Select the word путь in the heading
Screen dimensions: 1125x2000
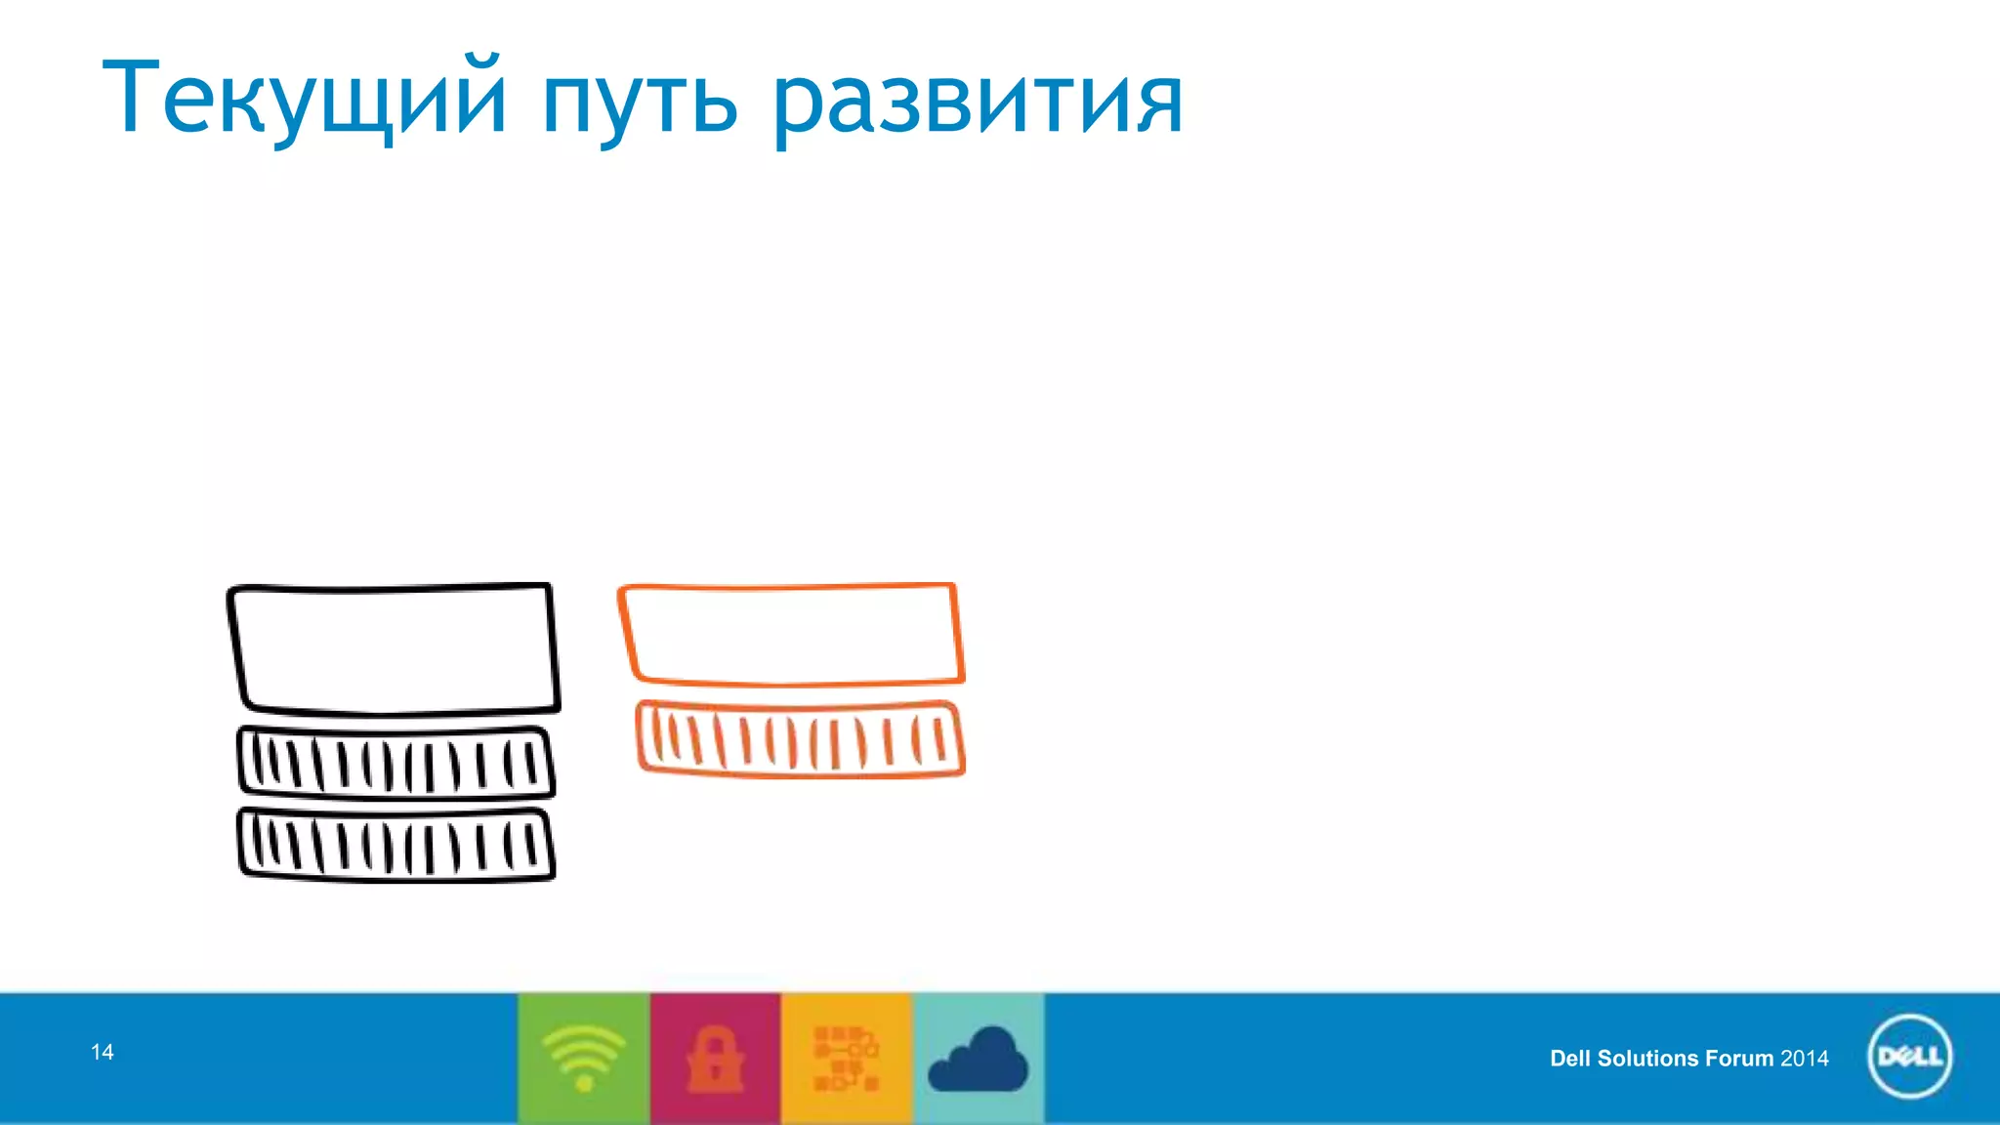point(640,102)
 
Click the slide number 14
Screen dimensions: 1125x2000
point(103,1052)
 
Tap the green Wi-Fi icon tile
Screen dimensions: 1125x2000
point(584,1058)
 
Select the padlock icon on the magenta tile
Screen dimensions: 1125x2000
point(715,1058)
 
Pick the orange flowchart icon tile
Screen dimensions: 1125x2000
point(846,1058)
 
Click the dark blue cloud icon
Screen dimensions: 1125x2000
point(978,1060)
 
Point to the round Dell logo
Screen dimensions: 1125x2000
point(1909,1057)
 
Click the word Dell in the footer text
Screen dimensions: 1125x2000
point(1570,1059)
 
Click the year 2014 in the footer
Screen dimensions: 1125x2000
point(1805,1059)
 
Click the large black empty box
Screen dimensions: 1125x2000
point(394,649)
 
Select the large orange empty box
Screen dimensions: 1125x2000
point(791,634)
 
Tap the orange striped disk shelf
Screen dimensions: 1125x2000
point(800,740)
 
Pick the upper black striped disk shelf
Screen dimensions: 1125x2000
point(396,764)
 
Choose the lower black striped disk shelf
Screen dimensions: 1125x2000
point(396,846)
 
